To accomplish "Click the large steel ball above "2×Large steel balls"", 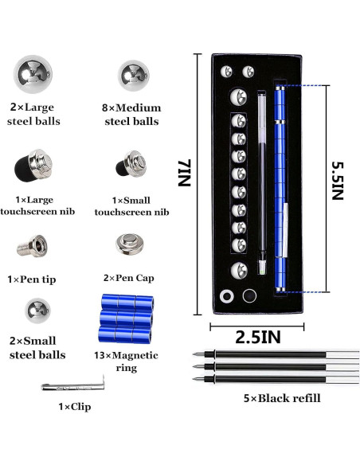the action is tap(33, 74).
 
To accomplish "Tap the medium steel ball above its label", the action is tap(133, 76).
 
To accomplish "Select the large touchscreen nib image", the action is tap(33, 166).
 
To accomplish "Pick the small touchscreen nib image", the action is tap(131, 164).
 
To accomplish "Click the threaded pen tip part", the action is tap(32, 246).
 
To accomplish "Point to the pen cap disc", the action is tap(130, 244).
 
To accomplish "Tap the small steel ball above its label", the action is tap(37, 311).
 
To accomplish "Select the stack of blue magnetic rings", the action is tap(126, 318).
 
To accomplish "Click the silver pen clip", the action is tap(73, 385).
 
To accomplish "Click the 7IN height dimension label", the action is tap(185, 173).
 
